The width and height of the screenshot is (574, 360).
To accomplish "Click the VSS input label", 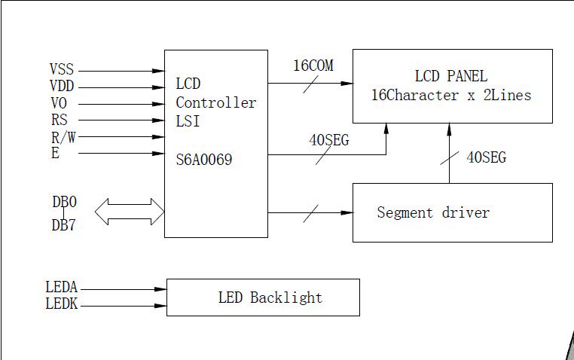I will [x=62, y=70].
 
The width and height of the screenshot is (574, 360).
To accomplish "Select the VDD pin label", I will [x=62, y=87].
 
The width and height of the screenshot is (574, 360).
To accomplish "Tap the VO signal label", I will [x=59, y=103].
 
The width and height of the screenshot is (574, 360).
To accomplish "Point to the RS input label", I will [x=59, y=120].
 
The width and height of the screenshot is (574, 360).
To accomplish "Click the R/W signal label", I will [x=61, y=136].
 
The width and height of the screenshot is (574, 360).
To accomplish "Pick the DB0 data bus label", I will [x=64, y=202].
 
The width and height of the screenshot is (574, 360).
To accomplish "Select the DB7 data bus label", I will [x=64, y=224].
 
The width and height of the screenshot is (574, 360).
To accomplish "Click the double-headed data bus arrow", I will [x=130, y=211].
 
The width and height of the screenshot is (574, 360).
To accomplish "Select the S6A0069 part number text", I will [x=203, y=160].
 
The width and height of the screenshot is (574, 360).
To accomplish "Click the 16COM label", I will [x=313, y=66].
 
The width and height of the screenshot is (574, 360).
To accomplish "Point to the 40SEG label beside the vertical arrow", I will [x=486, y=157].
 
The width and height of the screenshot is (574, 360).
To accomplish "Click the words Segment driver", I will [x=433, y=212].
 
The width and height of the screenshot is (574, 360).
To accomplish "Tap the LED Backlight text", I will [x=270, y=297].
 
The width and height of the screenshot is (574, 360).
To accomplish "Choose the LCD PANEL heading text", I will [x=450, y=76].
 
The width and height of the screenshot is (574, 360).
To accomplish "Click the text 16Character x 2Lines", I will [x=451, y=96].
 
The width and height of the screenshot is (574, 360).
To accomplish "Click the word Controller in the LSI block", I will [x=215, y=102].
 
